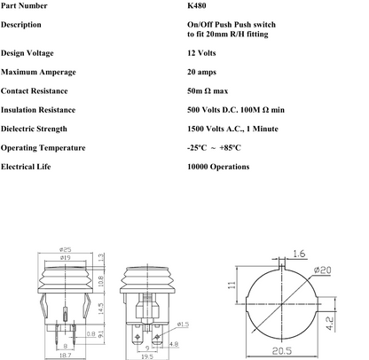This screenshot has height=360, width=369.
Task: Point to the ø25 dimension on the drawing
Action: pos(66,249)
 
